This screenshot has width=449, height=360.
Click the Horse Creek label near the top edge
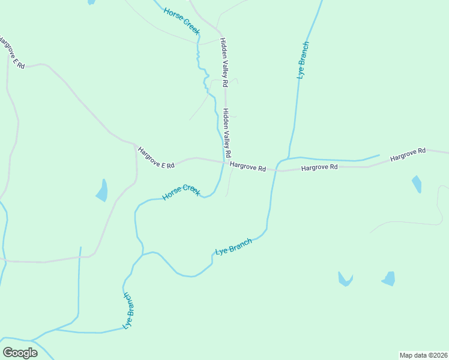[181, 20]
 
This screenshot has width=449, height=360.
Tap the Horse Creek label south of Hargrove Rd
[181, 193]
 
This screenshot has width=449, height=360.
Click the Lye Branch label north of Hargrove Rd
[304, 60]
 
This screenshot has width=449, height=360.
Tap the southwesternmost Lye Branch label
[128, 311]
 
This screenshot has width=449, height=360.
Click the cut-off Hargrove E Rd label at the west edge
[12, 53]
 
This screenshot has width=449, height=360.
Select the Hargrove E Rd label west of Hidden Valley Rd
[155, 157]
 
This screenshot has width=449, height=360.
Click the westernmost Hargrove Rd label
[247, 167]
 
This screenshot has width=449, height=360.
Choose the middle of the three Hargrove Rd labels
[319, 167]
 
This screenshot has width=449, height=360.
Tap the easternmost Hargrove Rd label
[408, 155]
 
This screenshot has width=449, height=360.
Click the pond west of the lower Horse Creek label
[102, 190]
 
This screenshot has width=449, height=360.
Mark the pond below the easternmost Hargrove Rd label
[417, 184]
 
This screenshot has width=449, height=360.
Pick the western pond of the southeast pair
[345, 279]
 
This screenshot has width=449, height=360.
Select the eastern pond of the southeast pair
[389, 278]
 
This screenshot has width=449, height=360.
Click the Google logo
[20, 353]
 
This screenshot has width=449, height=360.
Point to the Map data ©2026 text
[423, 355]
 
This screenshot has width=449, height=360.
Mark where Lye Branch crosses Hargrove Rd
[277, 164]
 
